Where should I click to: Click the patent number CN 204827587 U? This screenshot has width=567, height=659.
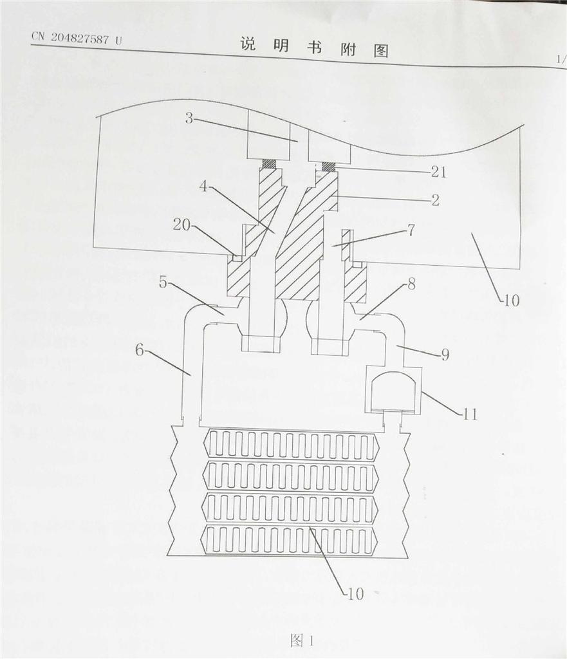click(x=77, y=38)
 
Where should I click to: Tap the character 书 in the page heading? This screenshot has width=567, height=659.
click(x=314, y=48)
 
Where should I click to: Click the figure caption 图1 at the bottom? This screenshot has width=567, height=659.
click(x=302, y=640)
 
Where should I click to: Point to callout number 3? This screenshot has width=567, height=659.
click(x=189, y=118)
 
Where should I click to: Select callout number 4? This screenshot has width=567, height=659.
click(x=203, y=186)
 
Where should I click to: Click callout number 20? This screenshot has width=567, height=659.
click(x=181, y=225)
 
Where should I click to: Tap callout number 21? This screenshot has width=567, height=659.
click(x=438, y=172)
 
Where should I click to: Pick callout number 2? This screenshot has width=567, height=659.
click(x=435, y=200)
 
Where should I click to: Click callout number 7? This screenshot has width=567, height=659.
click(x=411, y=230)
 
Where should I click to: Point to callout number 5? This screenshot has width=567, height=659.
click(x=163, y=283)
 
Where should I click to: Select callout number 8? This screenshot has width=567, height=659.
click(x=411, y=284)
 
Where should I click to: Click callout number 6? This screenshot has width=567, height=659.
click(x=140, y=349)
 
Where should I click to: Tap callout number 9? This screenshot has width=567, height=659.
click(x=445, y=355)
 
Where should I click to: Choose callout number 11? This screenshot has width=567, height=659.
click(x=470, y=414)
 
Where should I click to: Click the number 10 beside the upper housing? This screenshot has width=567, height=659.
click(x=511, y=301)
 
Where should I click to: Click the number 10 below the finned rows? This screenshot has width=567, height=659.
click(x=355, y=594)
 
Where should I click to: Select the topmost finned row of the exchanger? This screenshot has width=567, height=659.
click(x=291, y=444)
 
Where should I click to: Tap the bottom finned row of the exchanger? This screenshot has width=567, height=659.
click(x=291, y=540)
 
